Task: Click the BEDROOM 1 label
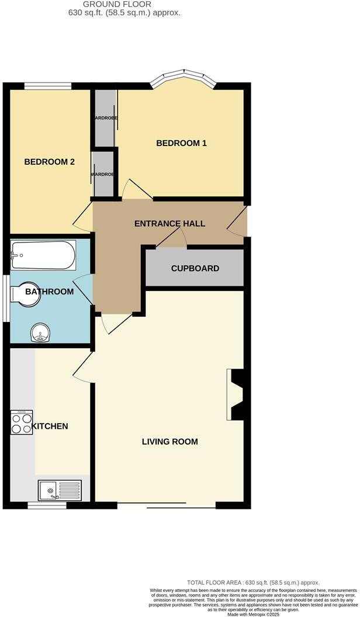(181, 143)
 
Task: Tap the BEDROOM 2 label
(49, 162)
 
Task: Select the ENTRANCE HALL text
(169, 224)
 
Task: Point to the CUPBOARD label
(195, 269)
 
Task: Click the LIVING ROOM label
(169, 442)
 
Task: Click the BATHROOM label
(53, 292)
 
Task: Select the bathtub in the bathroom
(43, 255)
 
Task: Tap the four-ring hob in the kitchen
(22, 422)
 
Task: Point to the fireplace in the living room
(236, 395)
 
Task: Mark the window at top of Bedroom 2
(48, 86)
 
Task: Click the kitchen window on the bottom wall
(47, 505)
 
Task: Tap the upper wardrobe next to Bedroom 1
(105, 118)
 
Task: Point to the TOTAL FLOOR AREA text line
(253, 583)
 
